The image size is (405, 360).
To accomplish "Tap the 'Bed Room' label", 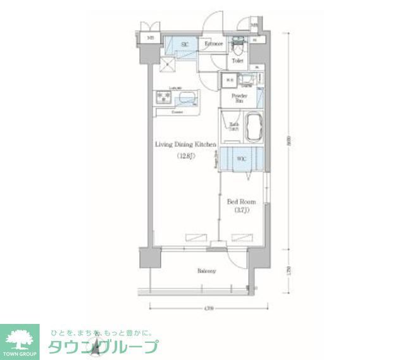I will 241,202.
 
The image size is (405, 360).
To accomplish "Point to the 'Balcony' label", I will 206,271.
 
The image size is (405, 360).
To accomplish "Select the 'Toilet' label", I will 237,61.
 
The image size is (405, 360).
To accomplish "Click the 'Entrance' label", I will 213,44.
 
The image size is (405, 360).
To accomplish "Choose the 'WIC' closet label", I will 241,158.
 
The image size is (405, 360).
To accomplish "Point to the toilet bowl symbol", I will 238,47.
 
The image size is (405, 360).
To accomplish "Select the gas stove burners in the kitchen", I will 163,97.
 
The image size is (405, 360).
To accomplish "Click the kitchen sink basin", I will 188,98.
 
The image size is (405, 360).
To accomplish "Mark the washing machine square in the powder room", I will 228,81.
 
